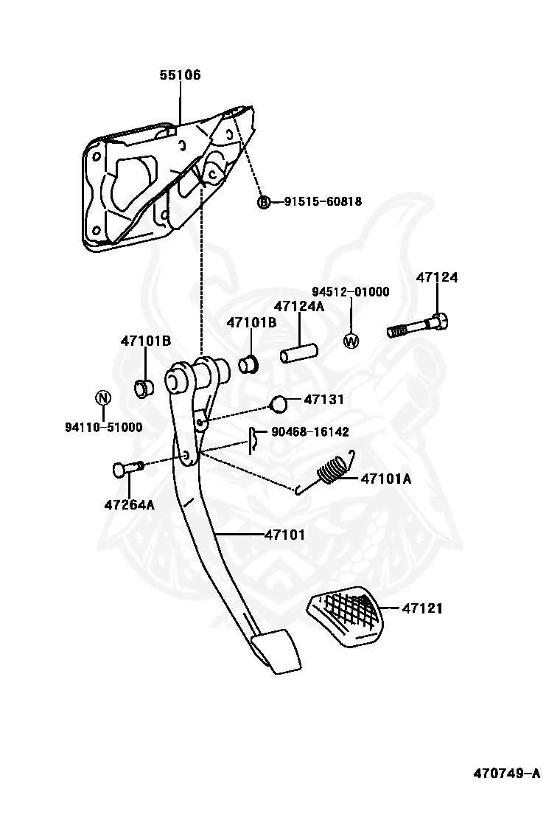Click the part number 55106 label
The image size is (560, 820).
pyautogui.click(x=180, y=74)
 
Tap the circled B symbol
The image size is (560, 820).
pyautogui.click(x=265, y=201)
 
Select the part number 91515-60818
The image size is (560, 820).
pyautogui.click(x=323, y=201)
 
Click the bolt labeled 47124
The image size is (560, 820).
pyautogui.click(x=417, y=325)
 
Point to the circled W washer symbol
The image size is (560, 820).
pyautogui.click(x=351, y=341)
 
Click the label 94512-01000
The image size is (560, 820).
pyautogui.click(x=351, y=292)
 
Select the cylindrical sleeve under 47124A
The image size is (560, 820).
pyautogui.click(x=299, y=352)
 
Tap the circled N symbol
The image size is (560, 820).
pyautogui.click(x=103, y=397)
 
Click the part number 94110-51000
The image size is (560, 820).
pyautogui.click(x=103, y=427)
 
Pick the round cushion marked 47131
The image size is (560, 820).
pyautogui.click(x=279, y=403)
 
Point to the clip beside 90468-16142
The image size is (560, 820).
pyautogui.click(x=253, y=438)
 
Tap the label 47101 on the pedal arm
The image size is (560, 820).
pyautogui.click(x=284, y=535)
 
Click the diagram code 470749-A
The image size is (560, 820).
pyautogui.click(x=507, y=773)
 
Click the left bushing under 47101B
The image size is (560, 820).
pyautogui.click(x=144, y=388)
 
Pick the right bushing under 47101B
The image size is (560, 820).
pyautogui.click(x=248, y=364)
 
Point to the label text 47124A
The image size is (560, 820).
pyautogui.click(x=299, y=307)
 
